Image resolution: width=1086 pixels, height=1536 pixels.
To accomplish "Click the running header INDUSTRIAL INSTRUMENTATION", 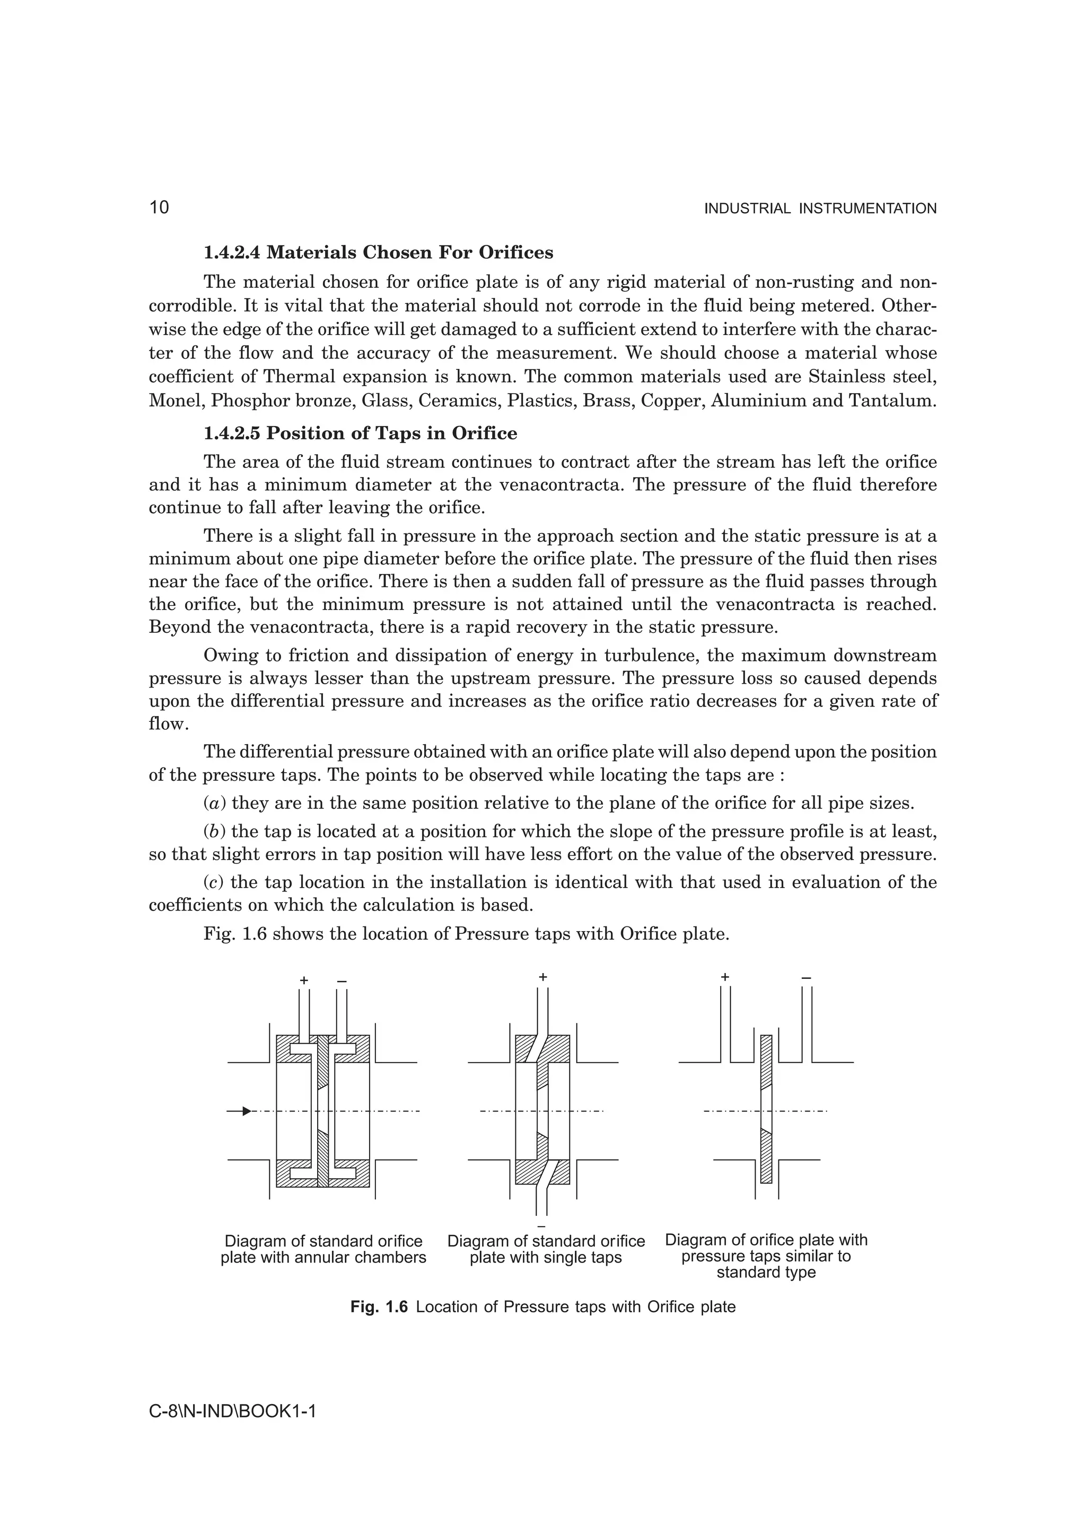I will pos(820,209).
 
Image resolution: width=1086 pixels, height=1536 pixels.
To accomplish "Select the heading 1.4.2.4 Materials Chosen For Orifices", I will pos(378,253).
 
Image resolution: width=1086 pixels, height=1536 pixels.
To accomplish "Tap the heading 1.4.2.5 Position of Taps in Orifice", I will pos(360,434).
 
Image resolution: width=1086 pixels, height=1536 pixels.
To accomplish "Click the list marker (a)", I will pos(215,804).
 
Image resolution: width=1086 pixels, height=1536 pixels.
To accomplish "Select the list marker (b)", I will pos(215,832).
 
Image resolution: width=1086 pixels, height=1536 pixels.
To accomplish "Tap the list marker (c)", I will pos(214,882).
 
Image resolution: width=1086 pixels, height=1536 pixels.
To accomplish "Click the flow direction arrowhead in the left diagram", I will pos(246,1111).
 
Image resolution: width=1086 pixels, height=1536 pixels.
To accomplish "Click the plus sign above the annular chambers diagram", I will pos(304,981).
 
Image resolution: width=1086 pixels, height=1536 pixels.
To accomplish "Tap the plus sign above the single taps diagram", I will pos(542,977).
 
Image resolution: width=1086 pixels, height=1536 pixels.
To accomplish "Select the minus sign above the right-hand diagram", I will pos(807,978).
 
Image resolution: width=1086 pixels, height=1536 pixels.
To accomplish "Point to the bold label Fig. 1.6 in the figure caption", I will pos(379,1307).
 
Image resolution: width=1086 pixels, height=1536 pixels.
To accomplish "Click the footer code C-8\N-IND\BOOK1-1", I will pos(232,1411).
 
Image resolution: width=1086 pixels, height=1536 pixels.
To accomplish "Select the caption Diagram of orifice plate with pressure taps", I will pos(766,1256).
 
